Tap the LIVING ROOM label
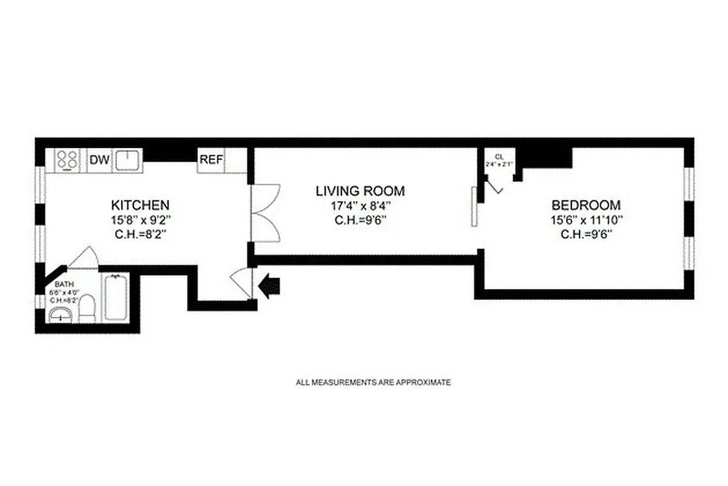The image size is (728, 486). [360, 191]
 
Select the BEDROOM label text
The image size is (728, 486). [585, 205]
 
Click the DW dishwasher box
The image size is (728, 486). [99, 160]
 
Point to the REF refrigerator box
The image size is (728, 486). [212, 160]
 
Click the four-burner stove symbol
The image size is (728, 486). [67, 160]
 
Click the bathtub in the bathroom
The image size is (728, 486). [115, 298]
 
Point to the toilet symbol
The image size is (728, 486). [87, 307]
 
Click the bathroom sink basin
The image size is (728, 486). [61, 315]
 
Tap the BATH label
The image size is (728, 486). [64, 284]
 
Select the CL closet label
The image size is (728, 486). [499, 156]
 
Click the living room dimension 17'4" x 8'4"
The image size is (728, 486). [360, 205]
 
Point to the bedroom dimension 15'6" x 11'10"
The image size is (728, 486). [585, 219]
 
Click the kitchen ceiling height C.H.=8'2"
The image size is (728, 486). [140, 233]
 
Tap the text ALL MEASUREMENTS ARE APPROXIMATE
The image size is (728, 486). [373, 383]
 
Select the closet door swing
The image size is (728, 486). [494, 185]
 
